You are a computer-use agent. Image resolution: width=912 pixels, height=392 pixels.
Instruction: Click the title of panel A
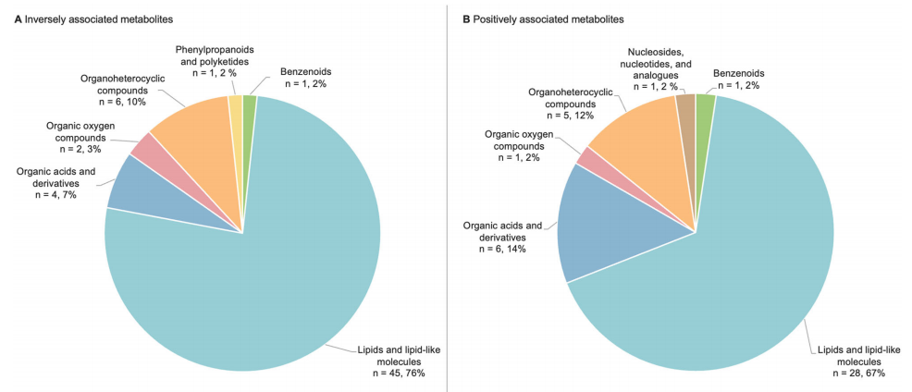[92, 19]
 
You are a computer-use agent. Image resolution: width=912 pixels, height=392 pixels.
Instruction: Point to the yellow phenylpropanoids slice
[235, 106]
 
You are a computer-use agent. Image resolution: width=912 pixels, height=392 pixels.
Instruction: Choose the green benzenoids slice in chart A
[249, 106]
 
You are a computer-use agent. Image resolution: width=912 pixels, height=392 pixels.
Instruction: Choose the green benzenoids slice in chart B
[705, 106]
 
